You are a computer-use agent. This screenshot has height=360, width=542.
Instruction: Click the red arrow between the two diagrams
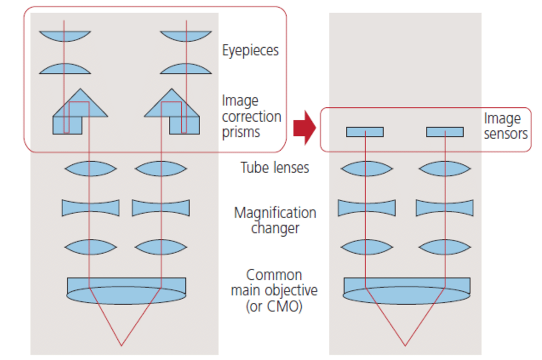[x=305, y=128]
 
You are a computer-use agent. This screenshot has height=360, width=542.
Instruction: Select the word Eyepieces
[x=250, y=50]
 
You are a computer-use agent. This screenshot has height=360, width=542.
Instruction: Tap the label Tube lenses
[x=274, y=167]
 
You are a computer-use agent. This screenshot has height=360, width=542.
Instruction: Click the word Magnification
[x=275, y=213]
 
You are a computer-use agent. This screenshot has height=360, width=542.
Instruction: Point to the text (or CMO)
[x=274, y=306]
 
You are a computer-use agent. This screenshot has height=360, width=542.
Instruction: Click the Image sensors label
[x=505, y=126]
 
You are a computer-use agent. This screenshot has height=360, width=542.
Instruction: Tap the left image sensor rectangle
[x=365, y=132]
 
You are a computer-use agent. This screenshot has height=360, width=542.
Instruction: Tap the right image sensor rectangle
[x=444, y=132]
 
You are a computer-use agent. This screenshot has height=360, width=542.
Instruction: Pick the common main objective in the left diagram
[x=126, y=290]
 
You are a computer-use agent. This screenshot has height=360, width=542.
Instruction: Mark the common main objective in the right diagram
[x=406, y=290]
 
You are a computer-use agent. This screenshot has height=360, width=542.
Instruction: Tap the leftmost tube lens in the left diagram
[x=90, y=168]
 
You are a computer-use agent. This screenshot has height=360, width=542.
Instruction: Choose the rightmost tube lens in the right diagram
[x=444, y=168]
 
